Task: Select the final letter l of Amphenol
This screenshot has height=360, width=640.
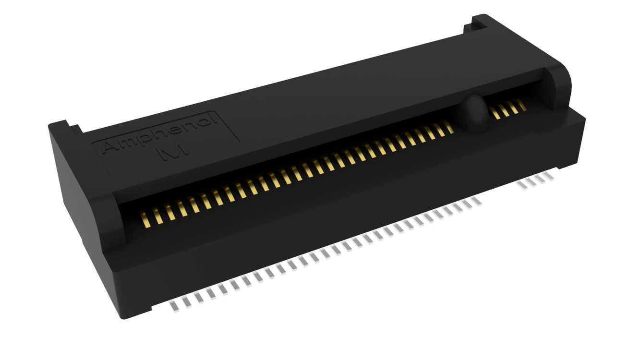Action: [214, 120]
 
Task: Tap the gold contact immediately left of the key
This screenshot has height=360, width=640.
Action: [449, 127]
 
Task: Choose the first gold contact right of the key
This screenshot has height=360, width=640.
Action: [495, 113]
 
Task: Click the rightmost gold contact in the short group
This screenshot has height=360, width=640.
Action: [522, 105]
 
